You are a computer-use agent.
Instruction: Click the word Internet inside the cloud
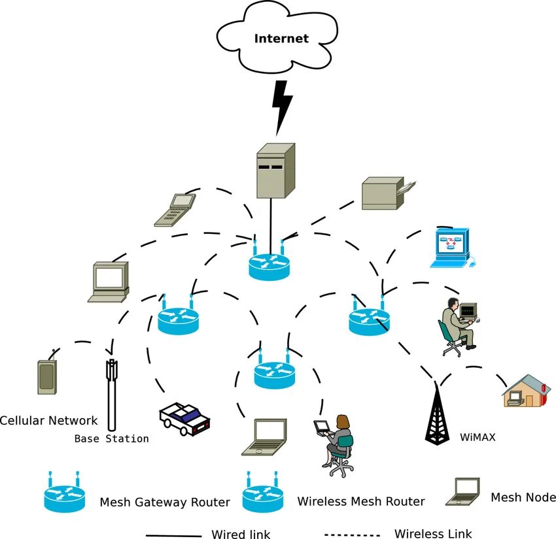point(281,39)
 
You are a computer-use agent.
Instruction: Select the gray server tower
point(274,171)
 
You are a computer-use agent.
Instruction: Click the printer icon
point(386,193)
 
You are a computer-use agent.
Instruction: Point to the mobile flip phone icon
point(175,210)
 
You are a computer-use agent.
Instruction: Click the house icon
point(523,391)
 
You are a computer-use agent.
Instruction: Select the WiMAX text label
point(477,437)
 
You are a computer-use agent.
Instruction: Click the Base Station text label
point(111,438)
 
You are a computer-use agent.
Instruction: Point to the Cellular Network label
point(48,421)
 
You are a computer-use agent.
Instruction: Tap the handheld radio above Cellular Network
point(46,376)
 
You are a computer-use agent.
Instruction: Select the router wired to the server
point(268,264)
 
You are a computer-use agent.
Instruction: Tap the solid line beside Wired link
point(173,534)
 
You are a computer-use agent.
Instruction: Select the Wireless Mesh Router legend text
point(360,502)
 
